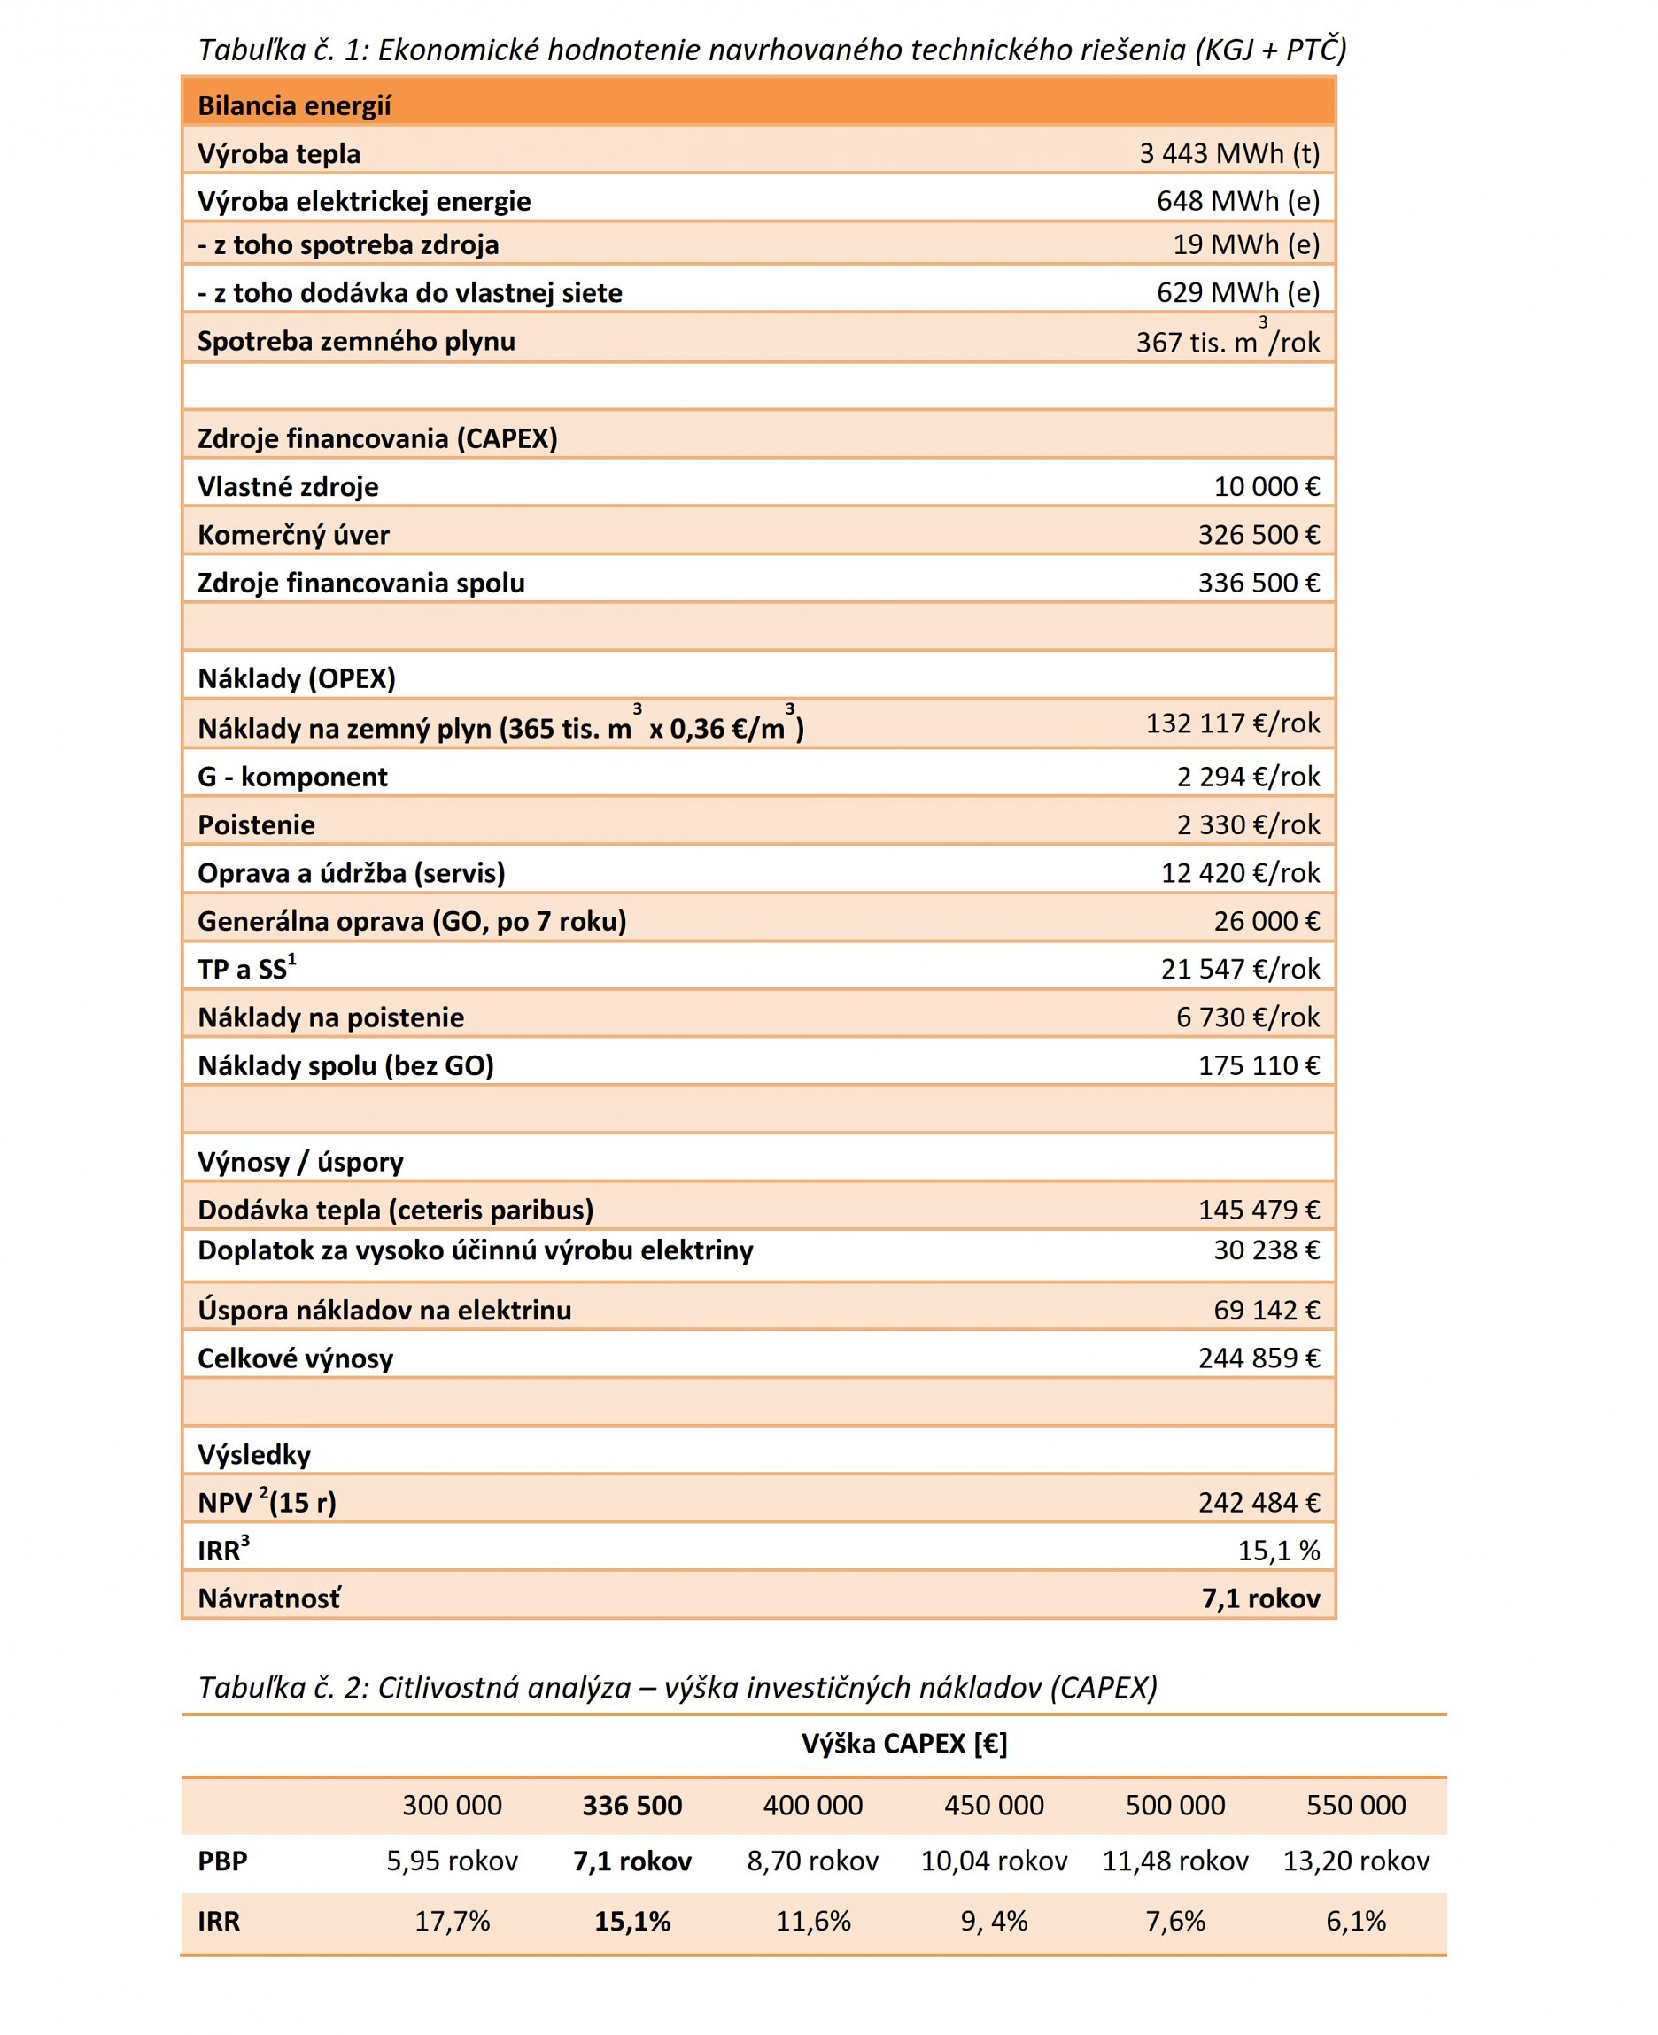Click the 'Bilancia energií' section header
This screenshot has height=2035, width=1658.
point(294,105)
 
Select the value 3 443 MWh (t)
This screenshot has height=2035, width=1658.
point(1228,154)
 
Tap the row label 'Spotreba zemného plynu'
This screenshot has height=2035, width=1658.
point(355,341)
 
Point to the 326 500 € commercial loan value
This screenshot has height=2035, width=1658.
point(1258,535)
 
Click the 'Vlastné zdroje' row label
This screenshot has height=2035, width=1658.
point(288,487)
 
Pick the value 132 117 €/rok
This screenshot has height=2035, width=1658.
point(1232,723)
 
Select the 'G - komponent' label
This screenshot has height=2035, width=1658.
point(292,777)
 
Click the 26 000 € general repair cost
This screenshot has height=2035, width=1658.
point(1266,921)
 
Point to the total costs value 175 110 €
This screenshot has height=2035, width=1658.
point(1258,1064)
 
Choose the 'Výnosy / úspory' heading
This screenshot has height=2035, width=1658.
point(300,1161)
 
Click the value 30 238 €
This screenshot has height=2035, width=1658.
point(1266,1250)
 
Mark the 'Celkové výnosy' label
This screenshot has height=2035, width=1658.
point(295,1357)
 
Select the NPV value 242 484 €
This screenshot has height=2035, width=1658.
point(1258,1502)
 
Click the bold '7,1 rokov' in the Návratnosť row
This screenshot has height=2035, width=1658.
point(1259,1598)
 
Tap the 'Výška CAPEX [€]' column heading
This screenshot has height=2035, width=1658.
point(903,1744)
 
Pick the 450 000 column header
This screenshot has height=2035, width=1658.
point(993,1805)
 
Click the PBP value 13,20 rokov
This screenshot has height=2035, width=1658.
point(1355,1861)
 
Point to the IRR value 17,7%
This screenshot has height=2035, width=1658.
point(452,1921)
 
